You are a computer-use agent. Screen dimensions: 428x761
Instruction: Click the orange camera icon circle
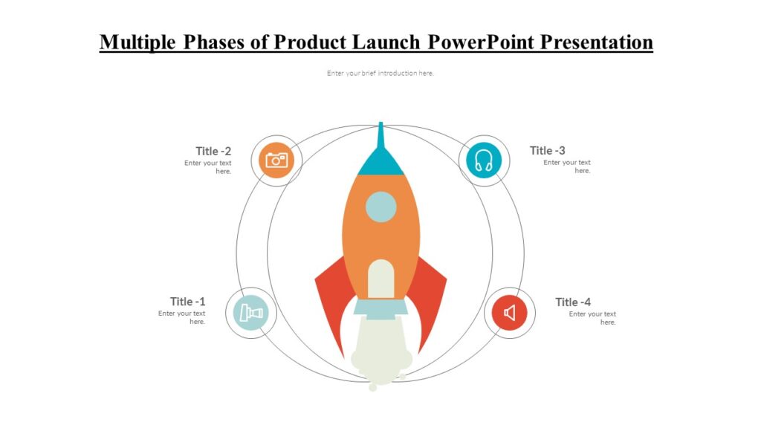pyautogui.click(x=276, y=160)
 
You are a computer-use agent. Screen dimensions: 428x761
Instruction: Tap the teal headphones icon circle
pyautogui.click(x=484, y=160)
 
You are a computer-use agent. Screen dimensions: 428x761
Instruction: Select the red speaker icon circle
pyautogui.click(x=510, y=313)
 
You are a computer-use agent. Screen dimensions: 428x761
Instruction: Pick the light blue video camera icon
pyautogui.click(x=251, y=313)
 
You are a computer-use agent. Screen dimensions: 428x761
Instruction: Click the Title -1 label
pyautogui.click(x=187, y=301)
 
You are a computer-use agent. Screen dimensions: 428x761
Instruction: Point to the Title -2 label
pyautogui.click(x=213, y=151)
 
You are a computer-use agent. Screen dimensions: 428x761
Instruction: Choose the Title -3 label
pyautogui.click(x=547, y=150)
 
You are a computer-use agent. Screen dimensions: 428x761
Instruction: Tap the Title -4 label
pyautogui.click(x=573, y=302)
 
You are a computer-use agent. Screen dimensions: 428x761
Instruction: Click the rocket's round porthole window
pyautogui.click(x=380, y=207)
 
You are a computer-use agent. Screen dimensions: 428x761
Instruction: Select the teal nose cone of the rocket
pyautogui.click(x=380, y=160)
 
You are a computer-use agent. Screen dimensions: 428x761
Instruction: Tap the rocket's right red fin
pyautogui.click(x=431, y=297)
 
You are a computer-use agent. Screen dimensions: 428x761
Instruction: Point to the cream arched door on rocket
pyautogui.click(x=380, y=279)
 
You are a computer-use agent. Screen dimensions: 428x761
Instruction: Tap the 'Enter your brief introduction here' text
pyautogui.click(x=380, y=73)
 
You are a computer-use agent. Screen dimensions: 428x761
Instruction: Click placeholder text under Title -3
pyautogui.click(x=569, y=166)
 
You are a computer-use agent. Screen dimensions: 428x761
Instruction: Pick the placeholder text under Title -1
pyautogui.click(x=183, y=317)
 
